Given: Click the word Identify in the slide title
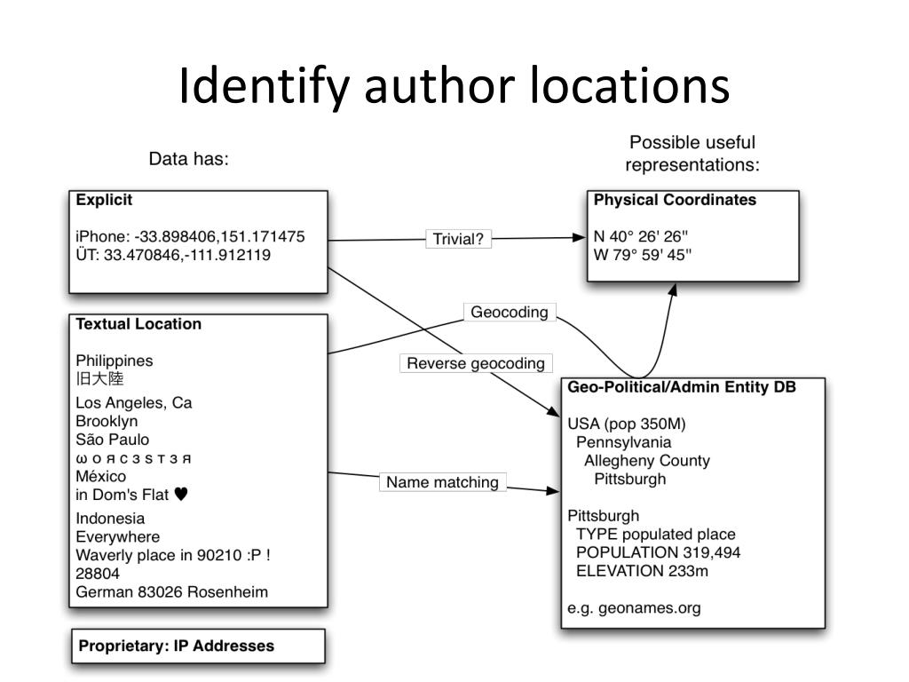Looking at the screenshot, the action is tap(264, 85).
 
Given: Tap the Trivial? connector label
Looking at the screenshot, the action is tap(458, 239).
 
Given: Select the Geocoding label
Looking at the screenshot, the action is tap(510, 312).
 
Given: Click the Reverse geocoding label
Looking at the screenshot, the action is tap(476, 363).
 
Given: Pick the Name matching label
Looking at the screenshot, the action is tap(442, 482).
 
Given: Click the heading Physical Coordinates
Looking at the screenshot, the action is tap(675, 200).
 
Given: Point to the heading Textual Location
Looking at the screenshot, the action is tap(138, 324).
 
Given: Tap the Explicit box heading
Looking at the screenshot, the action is tap(105, 200).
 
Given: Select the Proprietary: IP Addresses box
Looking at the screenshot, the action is tap(198, 646).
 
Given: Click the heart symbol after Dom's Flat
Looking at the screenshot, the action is tap(181, 494).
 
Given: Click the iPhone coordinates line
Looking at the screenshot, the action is tap(190, 236).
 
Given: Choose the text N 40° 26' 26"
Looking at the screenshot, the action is tap(641, 236).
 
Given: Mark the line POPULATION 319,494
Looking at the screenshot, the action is tap(658, 552).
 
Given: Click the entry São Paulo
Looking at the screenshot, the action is tap(113, 440).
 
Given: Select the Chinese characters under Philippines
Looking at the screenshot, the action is tap(99, 378).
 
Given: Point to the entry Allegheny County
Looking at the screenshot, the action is tap(647, 461).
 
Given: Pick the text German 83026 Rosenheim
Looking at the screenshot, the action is tap(171, 592).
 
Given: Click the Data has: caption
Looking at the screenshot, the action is tap(188, 159).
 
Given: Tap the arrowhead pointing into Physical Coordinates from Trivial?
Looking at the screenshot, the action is tap(579, 237).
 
